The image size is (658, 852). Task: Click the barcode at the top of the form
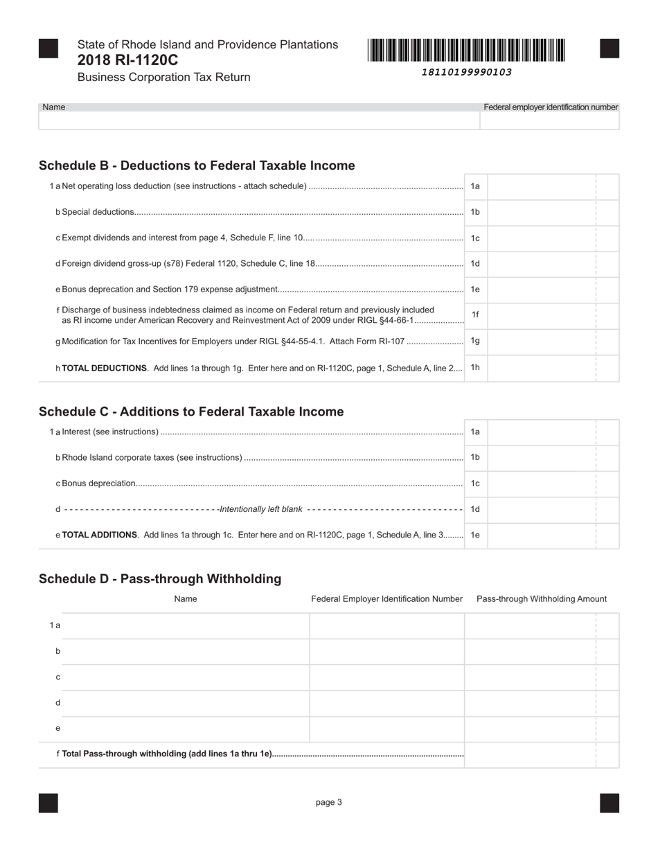tap(466, 51)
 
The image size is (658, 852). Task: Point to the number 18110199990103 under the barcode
tap(466, 72)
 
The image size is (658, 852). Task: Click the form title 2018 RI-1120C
tap(127, 60)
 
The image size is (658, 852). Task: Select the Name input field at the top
tap(259, 121)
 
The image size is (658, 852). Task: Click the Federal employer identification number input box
tap(549, 121)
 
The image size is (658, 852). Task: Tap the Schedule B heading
tap(197, 166)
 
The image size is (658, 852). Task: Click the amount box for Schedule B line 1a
tap(542, 186)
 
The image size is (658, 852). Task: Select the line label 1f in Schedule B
tap(475, 314)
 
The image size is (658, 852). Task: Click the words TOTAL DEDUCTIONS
tap(105, 369)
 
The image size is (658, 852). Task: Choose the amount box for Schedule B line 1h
tap(542, 368)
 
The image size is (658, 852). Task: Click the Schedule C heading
tap(191, 411)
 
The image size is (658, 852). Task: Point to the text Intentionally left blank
tap(261, 509)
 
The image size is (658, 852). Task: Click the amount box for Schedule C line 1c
tap(542, 483)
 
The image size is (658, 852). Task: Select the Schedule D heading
tap(160, 579)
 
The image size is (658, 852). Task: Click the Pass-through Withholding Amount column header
tap(542, 599)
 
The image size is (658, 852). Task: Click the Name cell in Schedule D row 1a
tap(186, 625)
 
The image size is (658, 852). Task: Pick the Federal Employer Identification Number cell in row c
tap(386, 677)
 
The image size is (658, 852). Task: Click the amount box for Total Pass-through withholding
tap(531, 754)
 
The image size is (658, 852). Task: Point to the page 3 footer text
tap(329, 803)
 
